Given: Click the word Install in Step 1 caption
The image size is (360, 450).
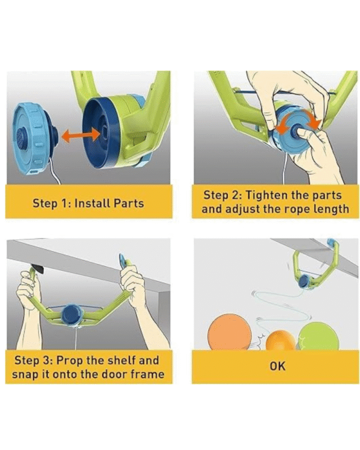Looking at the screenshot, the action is [92, 203].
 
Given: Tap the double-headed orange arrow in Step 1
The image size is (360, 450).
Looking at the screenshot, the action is [82, 135].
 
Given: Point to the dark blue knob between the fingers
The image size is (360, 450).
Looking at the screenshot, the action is [296, 130].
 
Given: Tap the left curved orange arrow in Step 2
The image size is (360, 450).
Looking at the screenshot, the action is [283, 128].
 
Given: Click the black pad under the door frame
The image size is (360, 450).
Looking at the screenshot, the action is [38, 269].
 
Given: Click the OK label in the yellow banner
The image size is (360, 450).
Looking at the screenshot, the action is [278, 366].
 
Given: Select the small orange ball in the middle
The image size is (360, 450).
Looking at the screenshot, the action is [280, 341].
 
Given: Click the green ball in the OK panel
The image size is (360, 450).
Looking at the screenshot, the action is [318, 336].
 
